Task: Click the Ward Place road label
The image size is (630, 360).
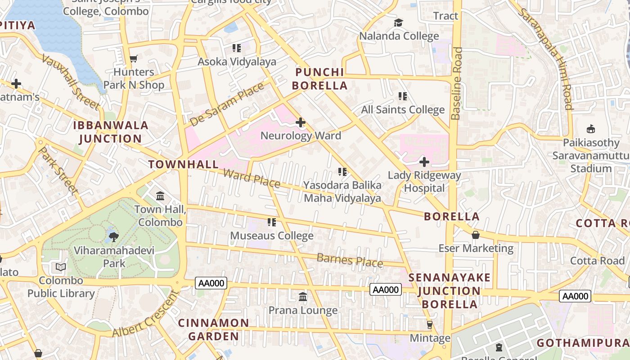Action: [252, 178]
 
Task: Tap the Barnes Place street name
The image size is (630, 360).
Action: [350, 260]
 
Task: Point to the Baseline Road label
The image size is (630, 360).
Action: [457, 84]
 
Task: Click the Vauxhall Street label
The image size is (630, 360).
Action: [71, 82]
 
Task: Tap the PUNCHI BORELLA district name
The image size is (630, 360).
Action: [319, 79]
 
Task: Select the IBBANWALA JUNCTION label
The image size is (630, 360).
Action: [111, 132]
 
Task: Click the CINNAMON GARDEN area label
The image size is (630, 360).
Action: [213, 329]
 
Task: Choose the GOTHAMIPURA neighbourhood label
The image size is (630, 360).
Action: [583, 343]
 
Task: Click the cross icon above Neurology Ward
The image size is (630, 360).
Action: [300, 122]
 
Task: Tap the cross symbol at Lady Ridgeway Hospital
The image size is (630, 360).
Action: [424, 162]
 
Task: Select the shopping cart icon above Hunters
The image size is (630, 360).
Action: [133, 58]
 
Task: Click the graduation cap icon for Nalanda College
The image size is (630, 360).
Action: [399, 22]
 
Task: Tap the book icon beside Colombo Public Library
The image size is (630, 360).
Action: [61, 267]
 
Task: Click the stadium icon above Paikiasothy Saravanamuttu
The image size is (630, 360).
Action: [591, 129]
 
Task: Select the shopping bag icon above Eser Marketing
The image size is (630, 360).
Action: [476, 235]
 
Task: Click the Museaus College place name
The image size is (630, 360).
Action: [272, 236]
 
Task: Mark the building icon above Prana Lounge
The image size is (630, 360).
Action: [303, 297]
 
